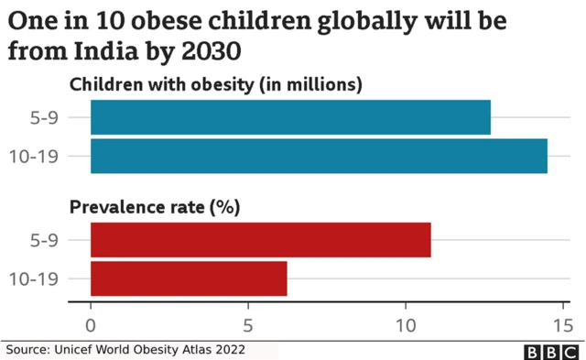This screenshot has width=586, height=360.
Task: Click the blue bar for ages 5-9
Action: (x=290, y=117)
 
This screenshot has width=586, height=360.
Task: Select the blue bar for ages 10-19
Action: (x=319, y=156)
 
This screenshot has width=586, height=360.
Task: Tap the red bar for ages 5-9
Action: (x=260, y=239)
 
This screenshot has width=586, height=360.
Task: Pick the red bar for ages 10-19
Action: (x=189, y=278)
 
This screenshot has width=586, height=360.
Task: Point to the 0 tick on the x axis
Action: (x=91, y=324)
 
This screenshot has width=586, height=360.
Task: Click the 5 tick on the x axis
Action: (x=248, y=324)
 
